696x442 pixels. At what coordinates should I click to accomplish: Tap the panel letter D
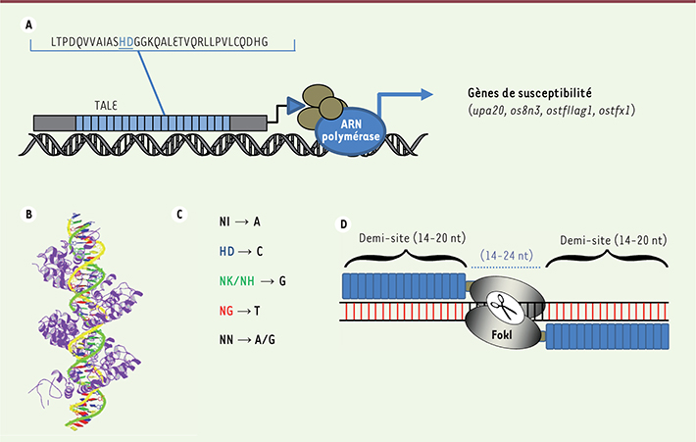pos(342,223)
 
